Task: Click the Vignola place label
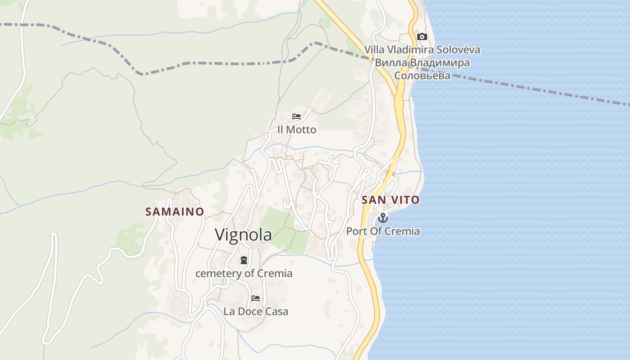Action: [243, 234]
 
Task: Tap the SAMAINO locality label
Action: [175, 211]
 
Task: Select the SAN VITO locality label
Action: [390, 200]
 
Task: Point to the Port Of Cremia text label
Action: [382, 231]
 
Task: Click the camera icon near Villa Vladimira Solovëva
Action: [422, 36]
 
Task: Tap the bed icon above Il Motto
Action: [296, 117]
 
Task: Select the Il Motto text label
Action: [297, 130]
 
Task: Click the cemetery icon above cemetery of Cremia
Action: [243, 260]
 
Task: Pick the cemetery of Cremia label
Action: [243, 273]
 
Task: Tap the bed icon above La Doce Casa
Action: [256, 298]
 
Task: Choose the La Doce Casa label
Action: [256, 311]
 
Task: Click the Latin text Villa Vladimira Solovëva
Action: [422, 49]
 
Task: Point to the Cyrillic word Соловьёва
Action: [422, 76]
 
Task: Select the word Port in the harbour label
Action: [355, 231]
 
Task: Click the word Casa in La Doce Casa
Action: [277, 311]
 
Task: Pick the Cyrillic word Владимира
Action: [440, 63]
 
